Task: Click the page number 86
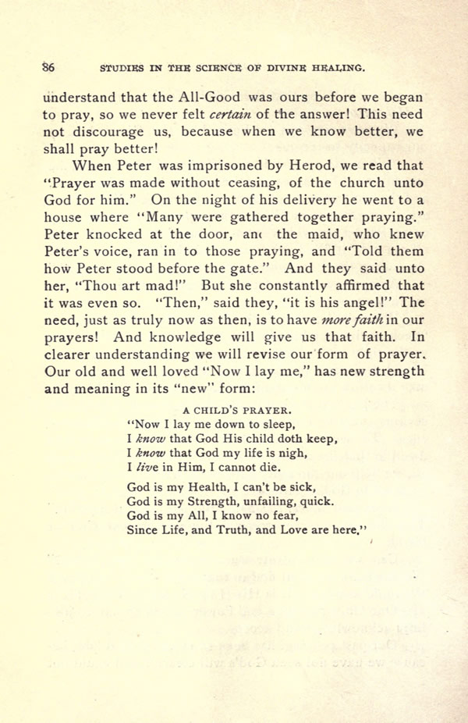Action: pos(48,67)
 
